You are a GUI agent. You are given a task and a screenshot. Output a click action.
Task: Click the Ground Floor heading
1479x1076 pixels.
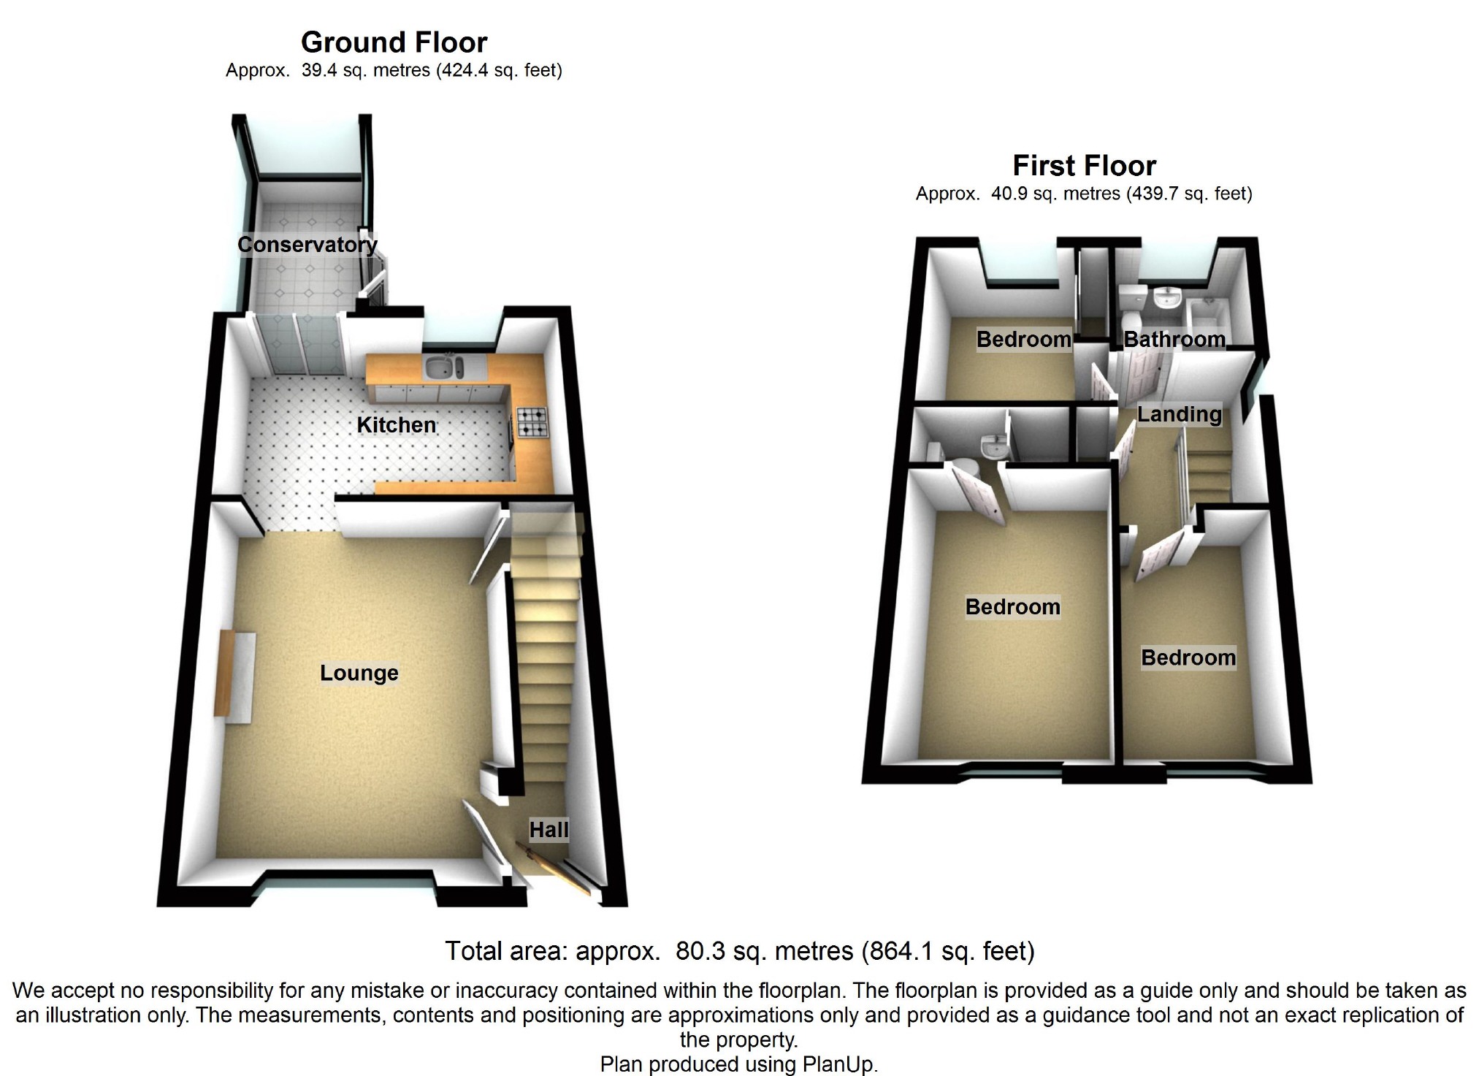(x=394, y=42)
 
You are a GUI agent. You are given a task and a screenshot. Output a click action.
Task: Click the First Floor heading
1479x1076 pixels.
(x=1084, y=166)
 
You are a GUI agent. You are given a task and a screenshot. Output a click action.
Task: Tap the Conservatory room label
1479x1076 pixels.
(x=307, y=244)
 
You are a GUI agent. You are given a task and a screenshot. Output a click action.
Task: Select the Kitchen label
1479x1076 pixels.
(x=396, y=424)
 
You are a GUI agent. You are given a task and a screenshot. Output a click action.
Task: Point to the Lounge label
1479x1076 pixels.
(x=359, y=672)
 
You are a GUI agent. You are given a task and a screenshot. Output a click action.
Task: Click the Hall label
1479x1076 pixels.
(x=549, y=829)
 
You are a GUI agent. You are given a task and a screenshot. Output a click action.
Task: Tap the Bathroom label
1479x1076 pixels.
(x=1174, y=339)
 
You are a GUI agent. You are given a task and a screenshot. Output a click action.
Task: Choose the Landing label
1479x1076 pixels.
(x=1179, y=414)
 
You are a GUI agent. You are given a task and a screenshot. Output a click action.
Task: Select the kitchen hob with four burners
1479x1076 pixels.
(x=532, y=423)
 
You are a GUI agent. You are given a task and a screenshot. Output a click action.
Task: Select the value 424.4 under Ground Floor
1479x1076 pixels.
(x=463, y=70)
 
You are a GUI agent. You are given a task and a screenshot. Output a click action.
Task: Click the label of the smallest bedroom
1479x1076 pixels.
(x=1023, y=339)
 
